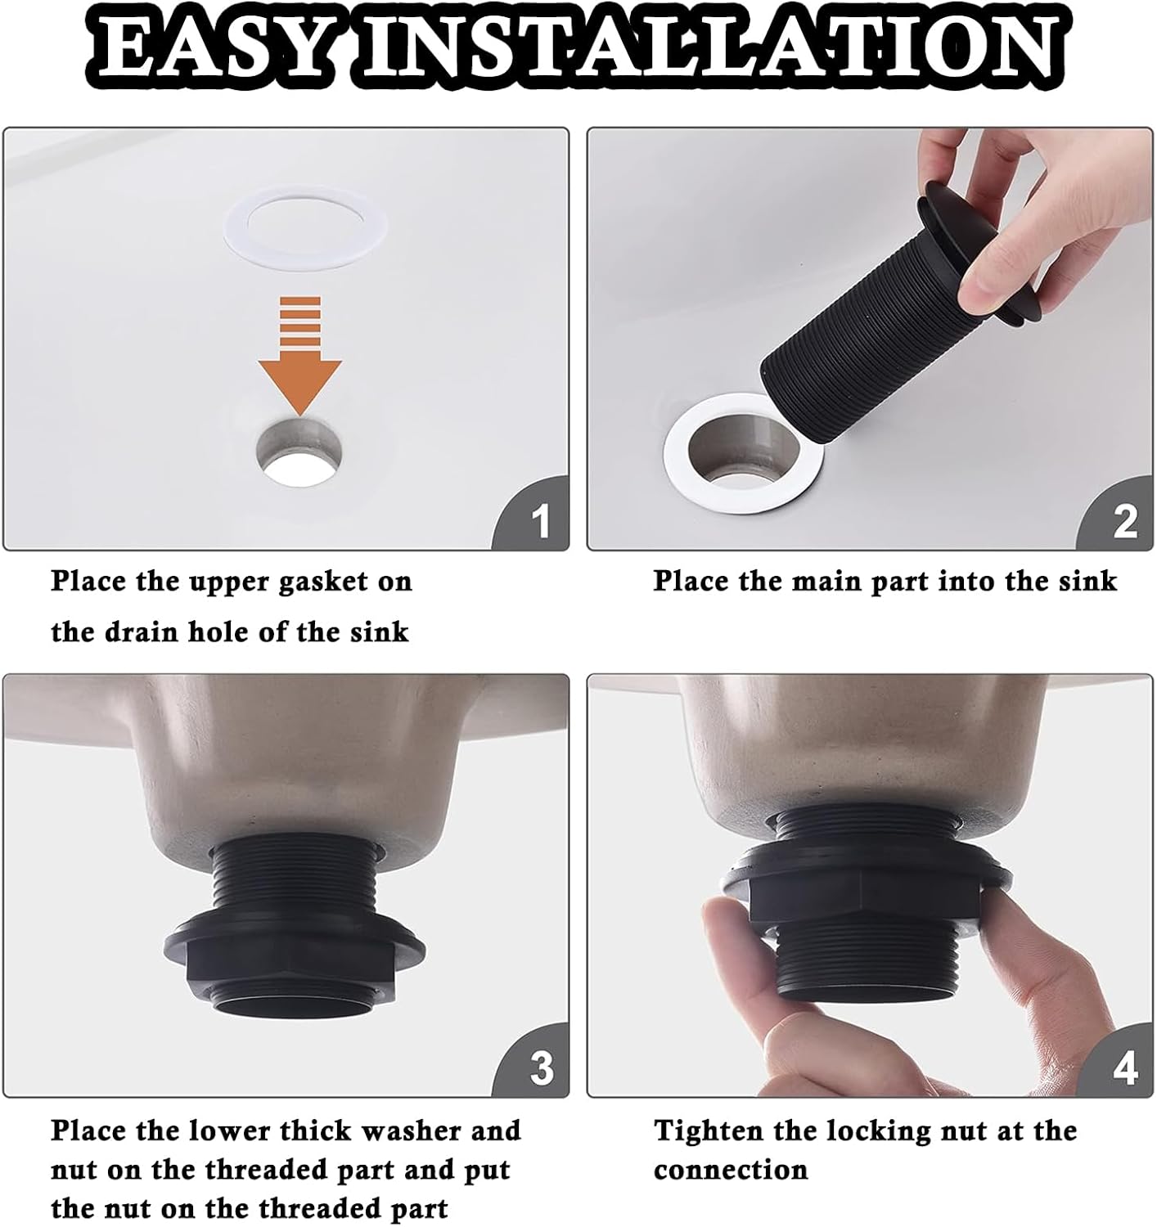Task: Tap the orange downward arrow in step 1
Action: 299,356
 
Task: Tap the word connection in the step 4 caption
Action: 731,1171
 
